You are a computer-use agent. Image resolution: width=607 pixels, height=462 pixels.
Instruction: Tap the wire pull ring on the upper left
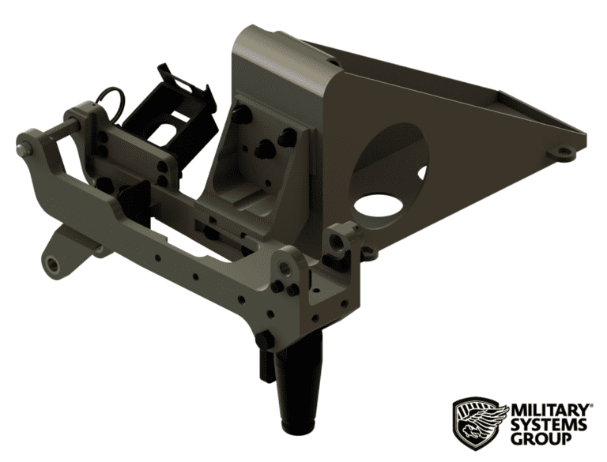[114, 100]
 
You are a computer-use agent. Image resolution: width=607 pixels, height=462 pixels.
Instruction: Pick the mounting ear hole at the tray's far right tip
[563, 151]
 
